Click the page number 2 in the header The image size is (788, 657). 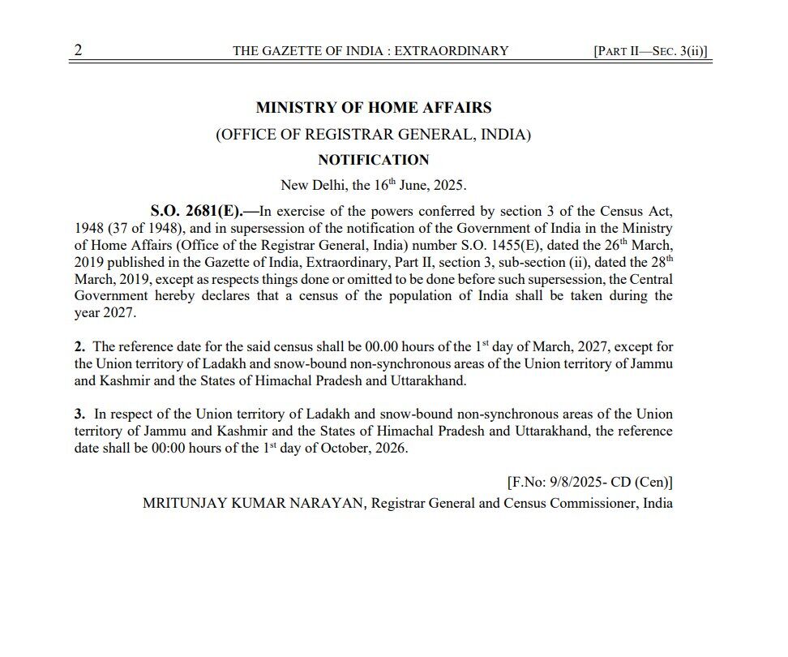[78, 50]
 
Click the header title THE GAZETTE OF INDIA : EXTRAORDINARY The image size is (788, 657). [370, 51]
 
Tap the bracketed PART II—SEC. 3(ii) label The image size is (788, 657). [651, 51]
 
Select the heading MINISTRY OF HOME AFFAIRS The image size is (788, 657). [374, 108]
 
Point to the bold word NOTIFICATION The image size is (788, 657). [374, 160]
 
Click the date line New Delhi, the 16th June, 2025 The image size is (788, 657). [374, 185]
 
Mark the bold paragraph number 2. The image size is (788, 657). [79, 347]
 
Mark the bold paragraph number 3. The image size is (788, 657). [79, 414]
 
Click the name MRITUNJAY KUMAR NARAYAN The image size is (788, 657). [255, 503]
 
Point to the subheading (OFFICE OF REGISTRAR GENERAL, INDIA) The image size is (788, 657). [374, 135]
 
